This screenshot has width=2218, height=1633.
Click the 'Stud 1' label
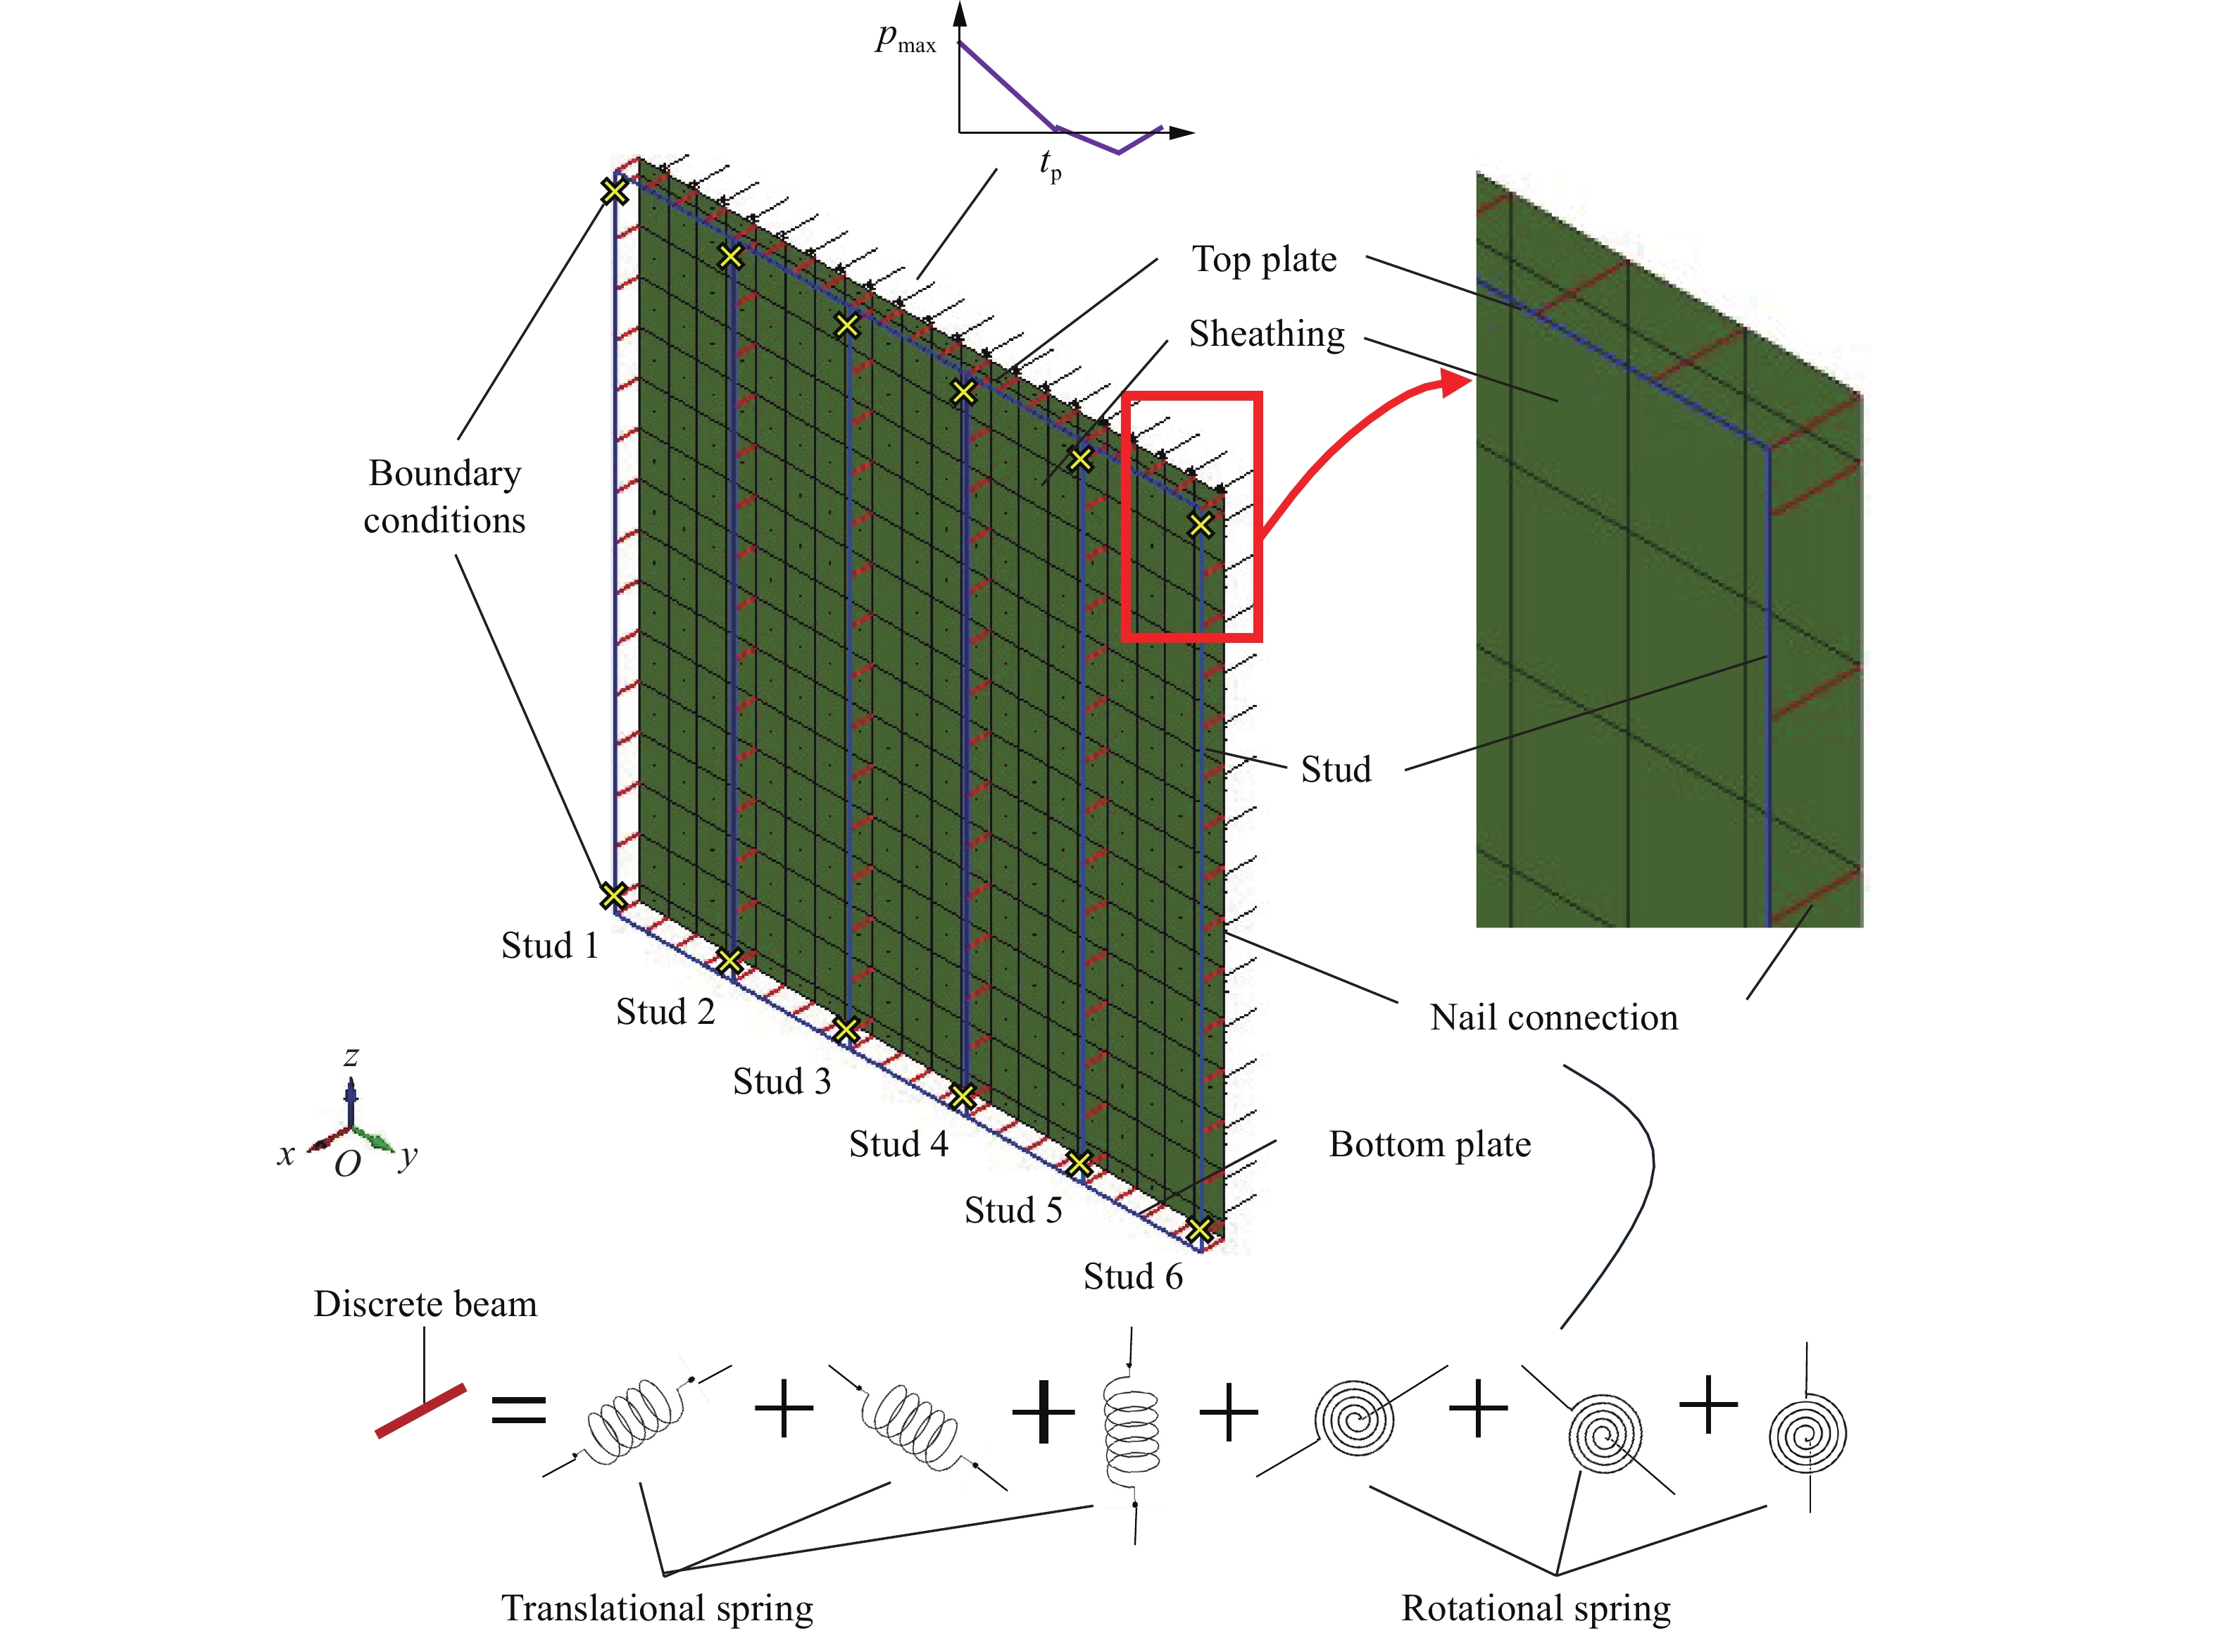point(549,946)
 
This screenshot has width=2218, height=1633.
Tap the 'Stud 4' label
point(898,1145)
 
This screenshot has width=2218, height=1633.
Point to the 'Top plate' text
point(1263,260)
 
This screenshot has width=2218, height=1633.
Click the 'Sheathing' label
point(1265,334)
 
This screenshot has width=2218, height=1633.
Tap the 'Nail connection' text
point(1553,1017)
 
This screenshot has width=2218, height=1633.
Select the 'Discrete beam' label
point(425,1304)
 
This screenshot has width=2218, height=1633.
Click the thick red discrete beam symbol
point(420,1410)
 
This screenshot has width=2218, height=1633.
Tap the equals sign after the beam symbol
point(518,1410)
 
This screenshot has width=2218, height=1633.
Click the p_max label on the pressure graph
point(904,39)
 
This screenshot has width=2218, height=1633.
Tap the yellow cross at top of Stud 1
point(614,191)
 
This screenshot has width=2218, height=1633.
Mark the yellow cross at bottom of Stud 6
point(1199,1230)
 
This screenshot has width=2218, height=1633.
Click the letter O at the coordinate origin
point(347,1165)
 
